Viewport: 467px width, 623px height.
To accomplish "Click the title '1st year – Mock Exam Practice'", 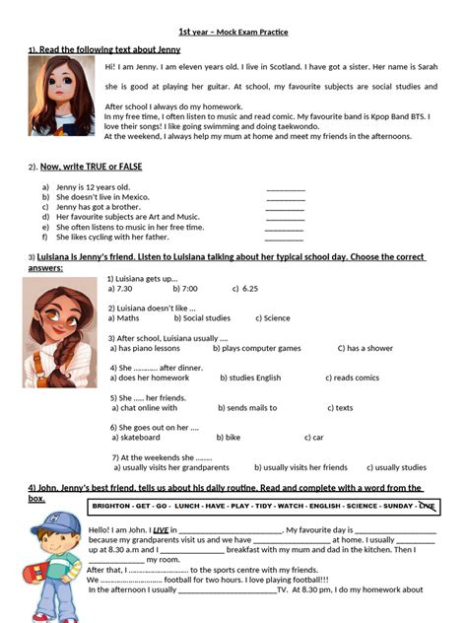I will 233,33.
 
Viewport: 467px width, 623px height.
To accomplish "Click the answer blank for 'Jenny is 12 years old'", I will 286,187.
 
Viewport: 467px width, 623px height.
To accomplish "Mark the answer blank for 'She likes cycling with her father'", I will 286,238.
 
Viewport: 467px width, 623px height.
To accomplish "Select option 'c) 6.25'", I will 245,289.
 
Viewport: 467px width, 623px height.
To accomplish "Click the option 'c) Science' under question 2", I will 273,318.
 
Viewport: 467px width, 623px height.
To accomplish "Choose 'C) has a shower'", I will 366,348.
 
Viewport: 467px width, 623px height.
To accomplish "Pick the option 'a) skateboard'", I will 136,437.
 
